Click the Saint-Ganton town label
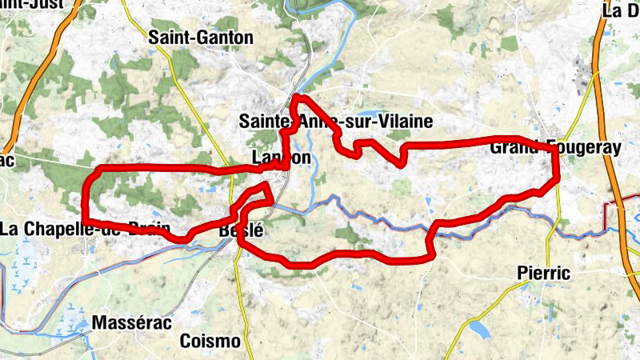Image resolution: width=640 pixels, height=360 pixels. click(x=201, y=38)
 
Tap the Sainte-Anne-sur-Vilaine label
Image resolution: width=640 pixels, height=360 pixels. click(x=336, y=122)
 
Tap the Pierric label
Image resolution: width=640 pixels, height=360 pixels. click(x=543, y=274)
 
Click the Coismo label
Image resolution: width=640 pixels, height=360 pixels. click(x=210, y=342)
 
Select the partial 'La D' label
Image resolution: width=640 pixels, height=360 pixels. click(x=621, y=10)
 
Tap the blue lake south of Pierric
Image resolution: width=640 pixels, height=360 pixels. click(x=480, y=329)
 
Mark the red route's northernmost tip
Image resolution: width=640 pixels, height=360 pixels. click(x=298, y=97)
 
